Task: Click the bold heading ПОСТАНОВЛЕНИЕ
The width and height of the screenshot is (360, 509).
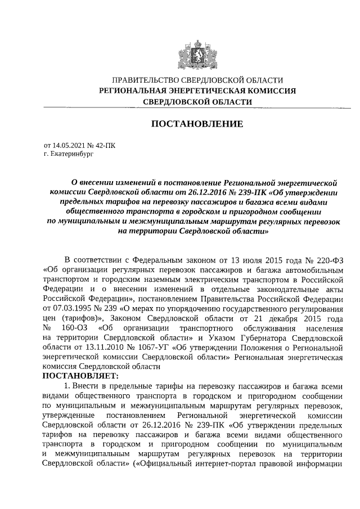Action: click(196, 124)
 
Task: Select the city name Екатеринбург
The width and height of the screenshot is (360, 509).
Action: click(71, 152)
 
